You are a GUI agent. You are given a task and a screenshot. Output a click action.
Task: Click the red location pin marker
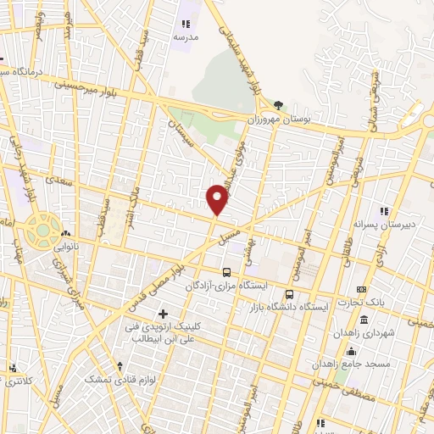tap(218, 199)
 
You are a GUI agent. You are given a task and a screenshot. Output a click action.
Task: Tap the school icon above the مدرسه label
tap(185, 25)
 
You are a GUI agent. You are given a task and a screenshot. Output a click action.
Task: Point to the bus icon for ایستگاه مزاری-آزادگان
tap(226, 272)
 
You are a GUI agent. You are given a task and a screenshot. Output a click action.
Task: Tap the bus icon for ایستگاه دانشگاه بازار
tap(291, 294)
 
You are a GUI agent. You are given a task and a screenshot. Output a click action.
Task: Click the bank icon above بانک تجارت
tap(363, 290)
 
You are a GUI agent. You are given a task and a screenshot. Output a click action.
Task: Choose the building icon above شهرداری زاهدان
tap(364, 320)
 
